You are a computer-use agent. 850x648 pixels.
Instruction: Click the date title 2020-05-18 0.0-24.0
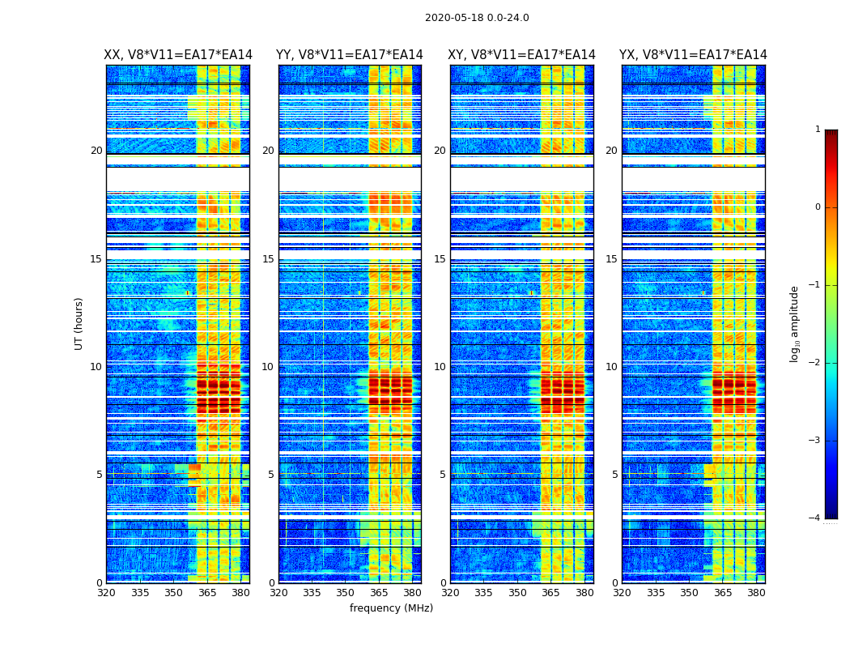[x=477, y=18]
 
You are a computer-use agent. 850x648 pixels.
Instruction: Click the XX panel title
[x=178, y=55]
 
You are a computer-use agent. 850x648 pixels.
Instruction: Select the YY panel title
[x=350, y=55]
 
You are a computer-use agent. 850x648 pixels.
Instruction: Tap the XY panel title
[x=522, y=55]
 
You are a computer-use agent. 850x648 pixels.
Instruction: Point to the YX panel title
[x=693, y=55]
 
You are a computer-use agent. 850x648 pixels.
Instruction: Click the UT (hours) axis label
[x=79, y=323]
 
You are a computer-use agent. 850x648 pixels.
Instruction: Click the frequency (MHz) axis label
[x=391, y=608]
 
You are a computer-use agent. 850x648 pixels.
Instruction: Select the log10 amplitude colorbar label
[x=795, y=323]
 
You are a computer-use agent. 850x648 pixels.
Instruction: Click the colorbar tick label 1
[x=818, y=130]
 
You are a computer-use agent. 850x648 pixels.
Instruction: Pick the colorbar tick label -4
[x=816, y=518]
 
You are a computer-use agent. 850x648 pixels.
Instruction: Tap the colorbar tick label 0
[x=818, y=207]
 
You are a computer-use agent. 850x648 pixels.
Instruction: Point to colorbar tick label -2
[x=816, y=363]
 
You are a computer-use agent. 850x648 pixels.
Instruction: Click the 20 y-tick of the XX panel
[x=96, y=151]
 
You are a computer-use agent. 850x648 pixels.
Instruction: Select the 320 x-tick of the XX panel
[x=106, y=593]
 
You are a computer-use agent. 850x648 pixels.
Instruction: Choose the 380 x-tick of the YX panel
[x=756, y=593]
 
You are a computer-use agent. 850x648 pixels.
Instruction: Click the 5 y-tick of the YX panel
[x=614, y=475]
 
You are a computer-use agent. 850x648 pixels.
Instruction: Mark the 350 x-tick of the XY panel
[x=517, y=593]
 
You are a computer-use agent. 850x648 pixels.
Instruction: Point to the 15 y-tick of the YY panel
[x=268, y=259]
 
